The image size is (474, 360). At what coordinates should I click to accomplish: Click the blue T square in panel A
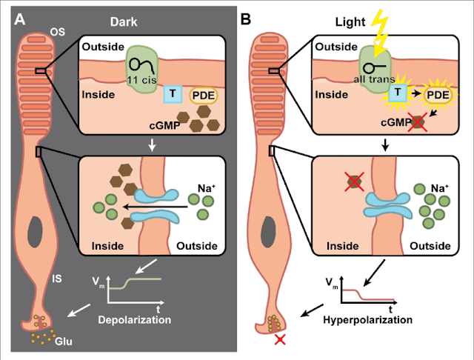170,94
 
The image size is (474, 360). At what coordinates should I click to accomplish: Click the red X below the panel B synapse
280,339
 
